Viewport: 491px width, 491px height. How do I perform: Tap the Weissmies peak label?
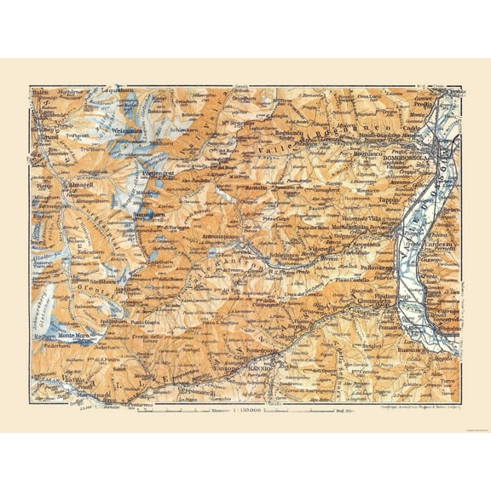(130, 130)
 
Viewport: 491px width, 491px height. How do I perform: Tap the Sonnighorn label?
(149, 217)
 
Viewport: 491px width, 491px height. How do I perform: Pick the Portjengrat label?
(159, 174)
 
